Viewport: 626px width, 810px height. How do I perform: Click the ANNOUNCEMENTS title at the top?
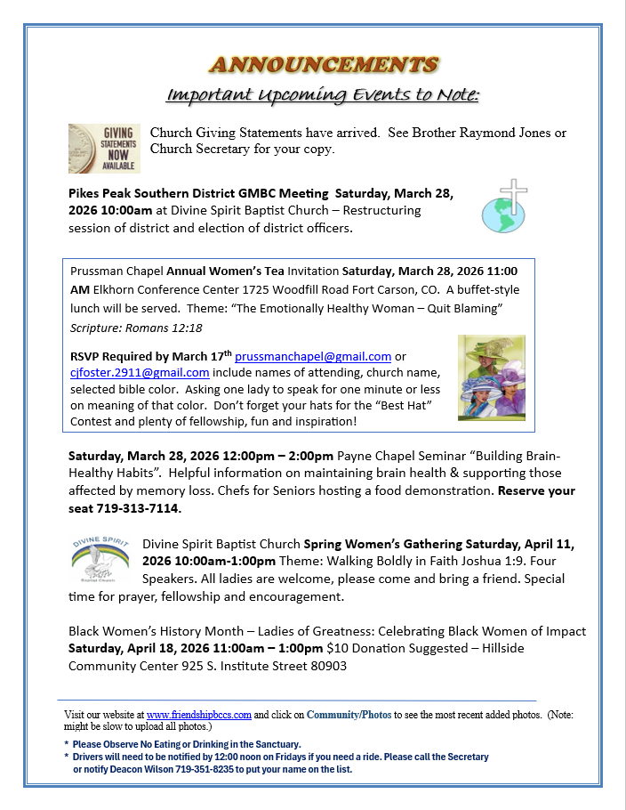click(x=324, y=64)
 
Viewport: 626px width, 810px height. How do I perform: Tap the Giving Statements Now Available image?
click(x=104, y=148)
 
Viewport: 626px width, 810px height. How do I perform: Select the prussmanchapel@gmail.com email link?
click(x=312, y=356)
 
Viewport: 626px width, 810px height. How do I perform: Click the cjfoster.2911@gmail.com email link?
click(x=140, y=372)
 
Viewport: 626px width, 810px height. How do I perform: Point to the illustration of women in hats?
click(x=491, y=377)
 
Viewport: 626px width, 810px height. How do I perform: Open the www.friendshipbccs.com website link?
click(x=199, y=715)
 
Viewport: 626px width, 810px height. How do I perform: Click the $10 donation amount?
click(x=336, y=649)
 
